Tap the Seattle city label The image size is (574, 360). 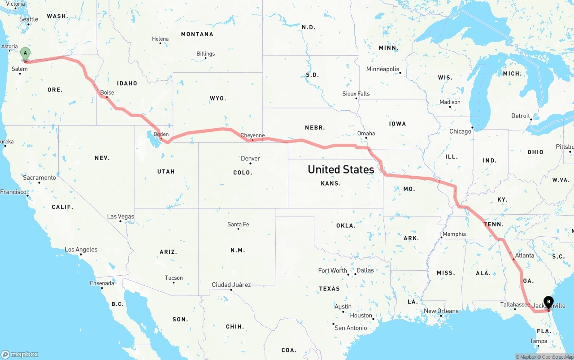click(29, 19)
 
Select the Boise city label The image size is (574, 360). click(107, 93)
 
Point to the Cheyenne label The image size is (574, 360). click(252, 135)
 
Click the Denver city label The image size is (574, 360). click(250, 158)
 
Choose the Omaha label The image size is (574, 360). click(366, 134)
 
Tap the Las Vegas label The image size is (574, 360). click(121, 217)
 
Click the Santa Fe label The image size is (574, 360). click(238, 224)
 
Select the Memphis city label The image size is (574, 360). click(454, 234)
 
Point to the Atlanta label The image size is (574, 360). click(524, 256)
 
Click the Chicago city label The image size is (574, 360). click(460, 131)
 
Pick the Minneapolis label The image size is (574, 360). click(383, 69)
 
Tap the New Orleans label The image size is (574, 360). click(441, 311)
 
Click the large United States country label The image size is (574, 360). click(341, 169)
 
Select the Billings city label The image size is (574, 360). click(205, 54)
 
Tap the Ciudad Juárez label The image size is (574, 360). click(231, 285)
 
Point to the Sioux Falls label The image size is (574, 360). click(356, 94)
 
